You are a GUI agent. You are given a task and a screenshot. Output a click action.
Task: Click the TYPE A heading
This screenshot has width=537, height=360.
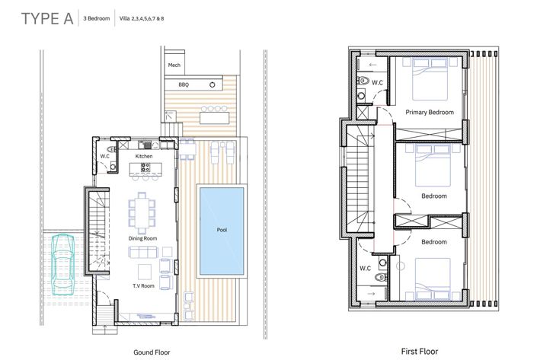click(x=47, y=20)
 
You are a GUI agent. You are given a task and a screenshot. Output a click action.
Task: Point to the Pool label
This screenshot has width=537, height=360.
click(x=222, y=230)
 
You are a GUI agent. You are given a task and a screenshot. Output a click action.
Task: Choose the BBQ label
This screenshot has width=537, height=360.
click(x=183, y=84)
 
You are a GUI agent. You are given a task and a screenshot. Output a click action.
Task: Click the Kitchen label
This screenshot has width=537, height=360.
click(x=144, y=156)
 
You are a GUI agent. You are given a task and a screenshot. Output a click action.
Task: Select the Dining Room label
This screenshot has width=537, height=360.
click(x=142, y=239)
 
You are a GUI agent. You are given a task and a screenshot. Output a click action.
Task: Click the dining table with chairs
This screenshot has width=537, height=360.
click(x=142, y=209)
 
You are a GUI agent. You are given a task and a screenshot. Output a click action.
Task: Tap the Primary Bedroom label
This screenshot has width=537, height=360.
click(x=430, y=112)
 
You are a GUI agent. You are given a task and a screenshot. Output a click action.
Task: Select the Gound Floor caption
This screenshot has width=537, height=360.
click(x=151, y=352)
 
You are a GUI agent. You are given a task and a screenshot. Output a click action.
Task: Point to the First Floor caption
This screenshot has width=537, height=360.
click(x=420, y=352)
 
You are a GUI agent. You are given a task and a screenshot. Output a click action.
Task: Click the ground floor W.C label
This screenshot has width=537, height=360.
click(x=105, y=156)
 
